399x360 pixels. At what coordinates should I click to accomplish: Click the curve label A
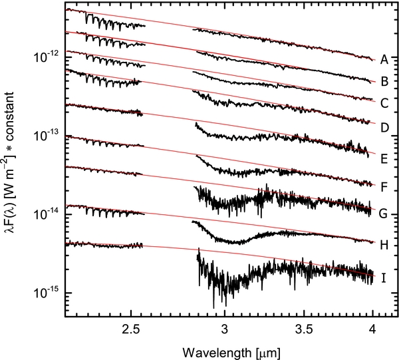[x=384, y=61]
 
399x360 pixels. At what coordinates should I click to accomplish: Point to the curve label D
[x=384, y=124]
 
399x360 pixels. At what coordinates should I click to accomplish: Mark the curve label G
[x=384, y=214]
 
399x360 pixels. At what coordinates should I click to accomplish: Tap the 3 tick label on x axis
[x=224, y=328]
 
